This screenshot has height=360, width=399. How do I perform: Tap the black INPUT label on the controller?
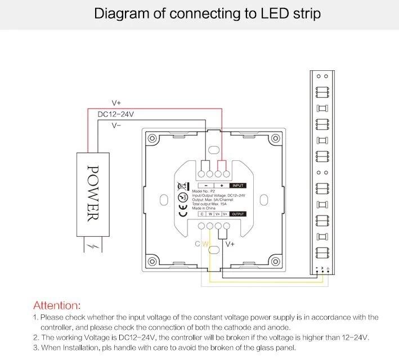point(238,185)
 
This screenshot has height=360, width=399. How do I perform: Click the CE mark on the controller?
point(182,209)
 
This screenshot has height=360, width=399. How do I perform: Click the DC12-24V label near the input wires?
point(115,114)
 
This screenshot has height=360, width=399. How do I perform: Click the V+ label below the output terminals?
point(230,244)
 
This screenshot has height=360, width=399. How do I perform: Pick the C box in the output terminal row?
point(202,214)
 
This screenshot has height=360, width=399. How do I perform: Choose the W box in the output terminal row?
point(210,214)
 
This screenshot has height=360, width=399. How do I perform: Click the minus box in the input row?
point(206,185)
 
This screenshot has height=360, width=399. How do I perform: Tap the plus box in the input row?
point(222,185)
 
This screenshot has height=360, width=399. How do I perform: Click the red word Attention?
point(57,305)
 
